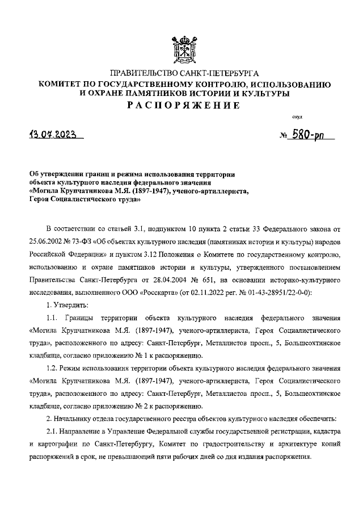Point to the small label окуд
coord(297,118)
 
